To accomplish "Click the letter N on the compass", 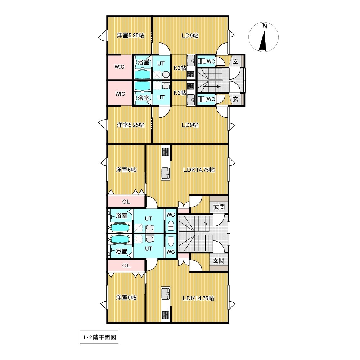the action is tap(265, 26).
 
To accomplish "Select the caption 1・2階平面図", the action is tap(99, 337).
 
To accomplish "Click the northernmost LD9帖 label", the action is tap(190, 36).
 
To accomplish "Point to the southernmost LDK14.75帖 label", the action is tap(198, 298).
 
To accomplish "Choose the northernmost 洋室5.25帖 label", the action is tap(130, 36).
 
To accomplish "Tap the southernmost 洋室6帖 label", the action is tap(126, 298).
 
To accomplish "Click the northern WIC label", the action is tap(120, 67).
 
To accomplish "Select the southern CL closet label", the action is tap(126, 266).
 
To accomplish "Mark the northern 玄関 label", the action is tap(219, 207).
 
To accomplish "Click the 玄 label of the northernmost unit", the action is tap(235, 62).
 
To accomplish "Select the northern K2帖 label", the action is tap(180, 68).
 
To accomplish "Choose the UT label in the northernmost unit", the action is tap(161, 63).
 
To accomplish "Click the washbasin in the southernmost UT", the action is tap(149, 239).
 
